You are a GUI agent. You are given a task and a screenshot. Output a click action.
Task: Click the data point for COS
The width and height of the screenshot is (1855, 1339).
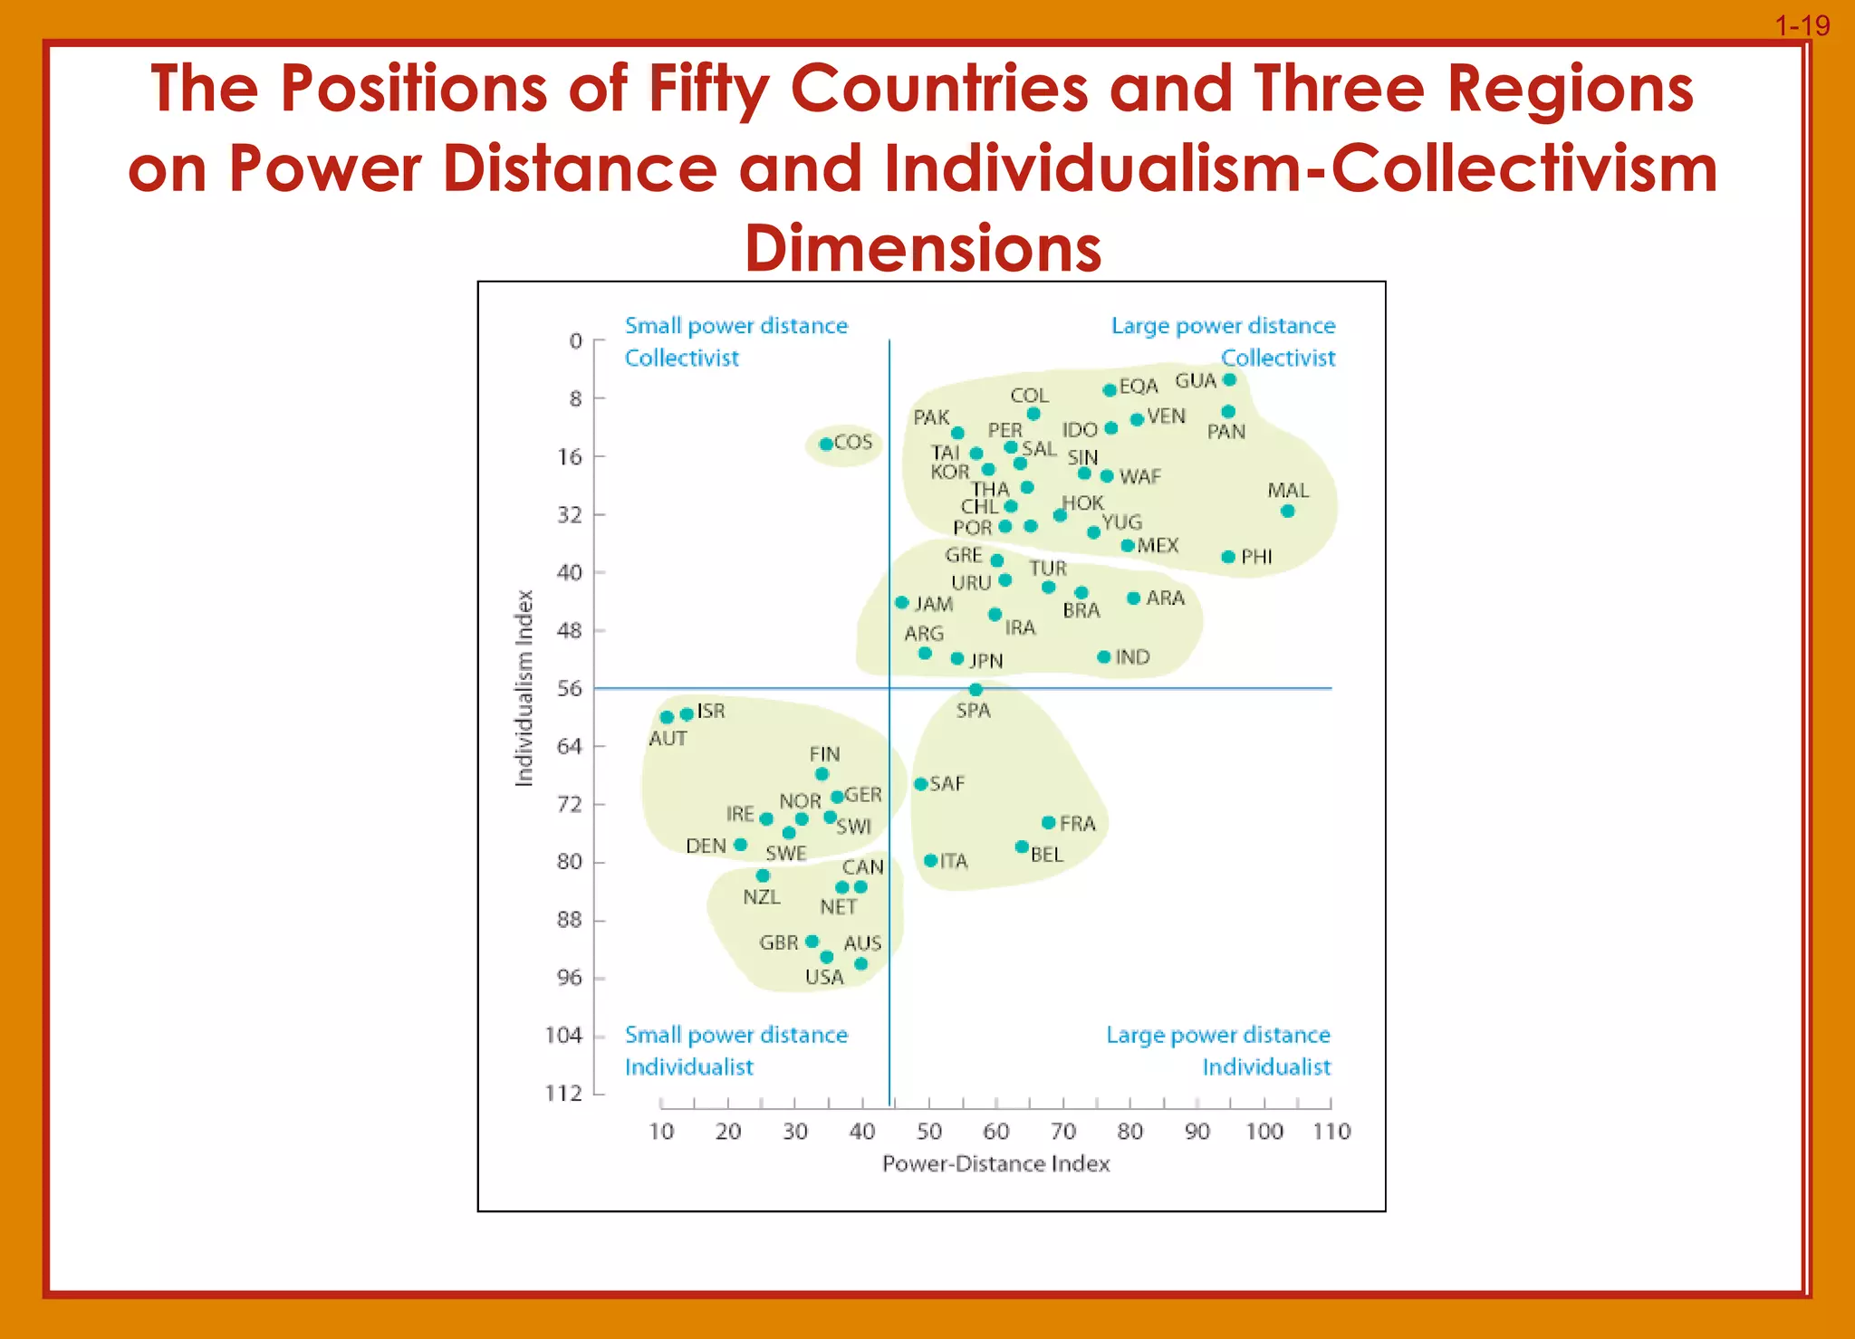pyautogui.click(x=826, y=444)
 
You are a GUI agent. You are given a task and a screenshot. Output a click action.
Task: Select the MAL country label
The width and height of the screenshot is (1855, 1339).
pyautogui.click(x=1288, y=491)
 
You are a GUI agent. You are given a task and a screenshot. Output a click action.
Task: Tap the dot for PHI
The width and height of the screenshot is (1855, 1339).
pyautogui.click(x=1228, y=557)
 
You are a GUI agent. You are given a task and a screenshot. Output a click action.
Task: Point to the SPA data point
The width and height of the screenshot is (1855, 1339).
pyautogui.click(x=976, y=690)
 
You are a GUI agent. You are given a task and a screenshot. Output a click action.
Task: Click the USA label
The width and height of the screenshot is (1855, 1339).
pyautogui.click(x=824, y=978)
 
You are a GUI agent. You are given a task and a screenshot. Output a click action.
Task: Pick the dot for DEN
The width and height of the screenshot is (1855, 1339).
pyautogui.click(x=740, y=845)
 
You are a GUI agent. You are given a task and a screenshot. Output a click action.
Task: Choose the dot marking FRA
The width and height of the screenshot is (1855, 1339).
pyautogui.click(x=1048, y=823)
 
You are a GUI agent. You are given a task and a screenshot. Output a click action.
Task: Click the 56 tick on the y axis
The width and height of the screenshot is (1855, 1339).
pyautogui.click(x=570, y=689)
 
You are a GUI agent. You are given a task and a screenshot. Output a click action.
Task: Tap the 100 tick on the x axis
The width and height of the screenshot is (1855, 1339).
pyautogui.click(x=1264, y=1132)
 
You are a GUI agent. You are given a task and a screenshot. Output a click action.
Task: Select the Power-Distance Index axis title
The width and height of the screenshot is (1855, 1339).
pyautogui.click(x=995, y=1164)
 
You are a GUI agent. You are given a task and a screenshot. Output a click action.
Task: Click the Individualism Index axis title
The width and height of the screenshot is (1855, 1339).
pyautogui.click(x=524, y=688)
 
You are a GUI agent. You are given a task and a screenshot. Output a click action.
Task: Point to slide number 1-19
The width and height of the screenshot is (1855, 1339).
pyautogui.click(x=1802, y=25)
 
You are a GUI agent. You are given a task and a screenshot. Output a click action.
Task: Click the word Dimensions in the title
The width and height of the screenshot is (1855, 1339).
pyautogui.click(x=923, y=248)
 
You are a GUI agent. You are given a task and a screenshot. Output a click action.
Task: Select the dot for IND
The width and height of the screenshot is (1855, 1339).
pyautogui.click(x=1103, y=657)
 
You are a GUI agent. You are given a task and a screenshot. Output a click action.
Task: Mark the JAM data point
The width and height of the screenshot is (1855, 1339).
pyautogui.click(x=901, y=602)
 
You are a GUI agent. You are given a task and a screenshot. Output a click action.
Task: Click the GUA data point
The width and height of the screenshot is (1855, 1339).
pyautogui.click(x=1229, y=379)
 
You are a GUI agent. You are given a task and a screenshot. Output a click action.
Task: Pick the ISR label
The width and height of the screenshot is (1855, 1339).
pyautogui.click(x=711, y=712)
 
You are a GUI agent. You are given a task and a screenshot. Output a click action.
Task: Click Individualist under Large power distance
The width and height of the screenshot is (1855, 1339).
pyautogui.click(x=1266, y=1067)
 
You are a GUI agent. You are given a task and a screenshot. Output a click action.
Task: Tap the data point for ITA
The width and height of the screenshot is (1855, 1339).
pyautogui.click(x=930, y=860)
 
